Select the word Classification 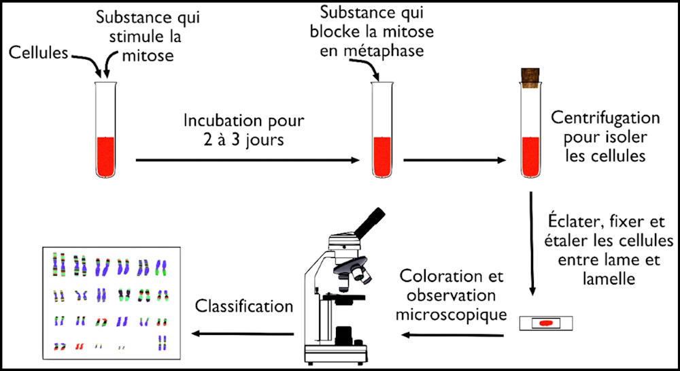(x=244, y=306)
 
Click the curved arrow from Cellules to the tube (x=87, y=59)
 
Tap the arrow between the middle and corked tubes (x=455, y=161)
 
